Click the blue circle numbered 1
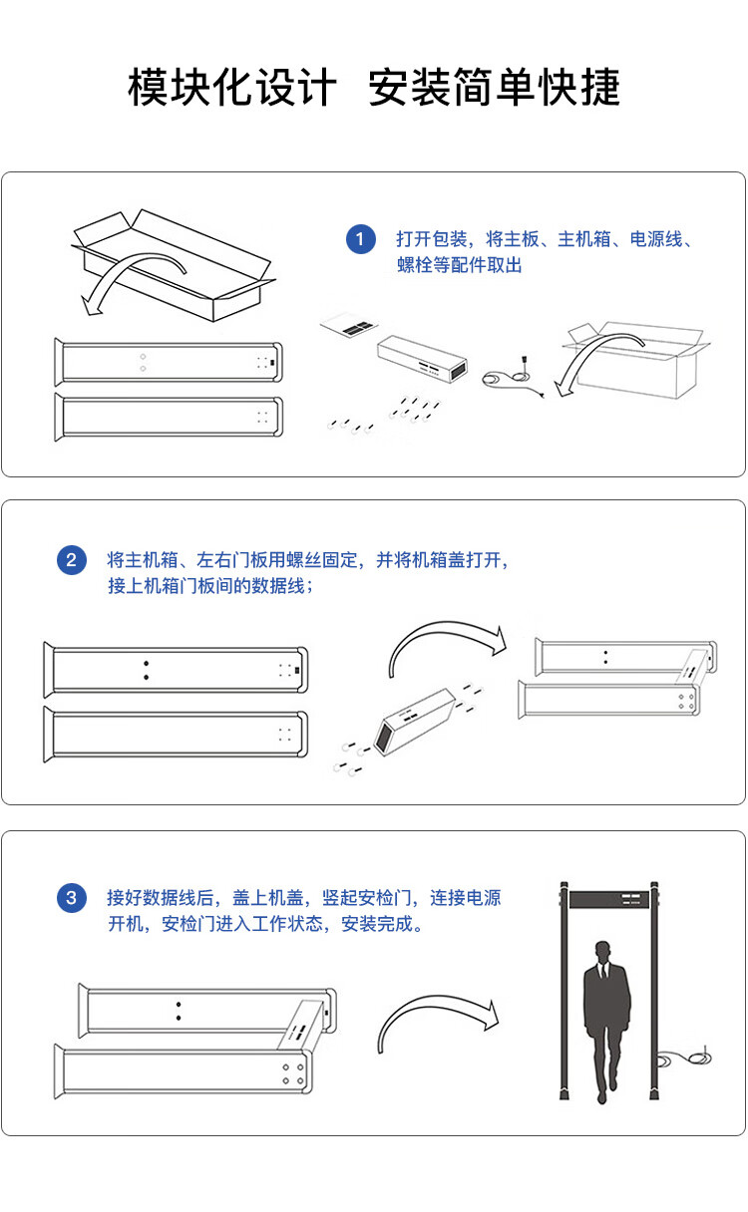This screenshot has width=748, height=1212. (x=360, y=239)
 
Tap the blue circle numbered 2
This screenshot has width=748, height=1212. (x=72, y=560)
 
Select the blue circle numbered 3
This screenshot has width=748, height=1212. (x=72, y=898)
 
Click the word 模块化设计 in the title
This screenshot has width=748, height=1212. (x=232, y=87)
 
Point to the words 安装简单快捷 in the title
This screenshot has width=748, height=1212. (x=494, y=87)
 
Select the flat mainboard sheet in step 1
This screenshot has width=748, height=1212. (x=349, y=325)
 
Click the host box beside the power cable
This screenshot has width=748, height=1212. (x=422, y=358)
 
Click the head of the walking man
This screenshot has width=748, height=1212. (x=602, y=952)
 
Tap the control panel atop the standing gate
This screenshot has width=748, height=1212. (x=608, y=899)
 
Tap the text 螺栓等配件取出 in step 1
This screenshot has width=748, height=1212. (x=460, y=265)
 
